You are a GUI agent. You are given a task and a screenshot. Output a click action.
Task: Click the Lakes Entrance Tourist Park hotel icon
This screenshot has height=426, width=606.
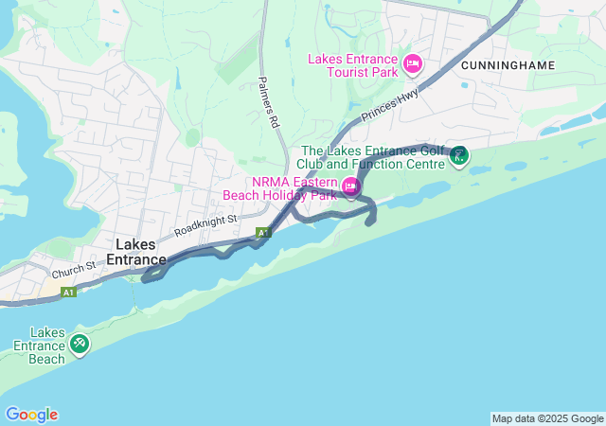pos(412,64)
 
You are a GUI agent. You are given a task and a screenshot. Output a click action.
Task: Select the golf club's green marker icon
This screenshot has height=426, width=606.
pos(458,154)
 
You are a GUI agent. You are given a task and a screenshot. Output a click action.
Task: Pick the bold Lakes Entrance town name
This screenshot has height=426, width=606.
pos(136,252)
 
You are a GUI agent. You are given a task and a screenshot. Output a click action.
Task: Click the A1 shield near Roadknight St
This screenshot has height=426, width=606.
pos(263,232)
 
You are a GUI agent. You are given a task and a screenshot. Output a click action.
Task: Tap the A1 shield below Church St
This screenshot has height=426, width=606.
pos(68,293)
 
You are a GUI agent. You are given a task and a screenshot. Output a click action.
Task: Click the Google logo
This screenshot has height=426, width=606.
pos(31,415)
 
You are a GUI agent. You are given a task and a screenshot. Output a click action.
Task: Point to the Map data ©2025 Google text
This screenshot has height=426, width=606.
pos(547,418)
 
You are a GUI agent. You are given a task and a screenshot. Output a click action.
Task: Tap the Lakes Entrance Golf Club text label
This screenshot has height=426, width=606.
pos(372,156)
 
